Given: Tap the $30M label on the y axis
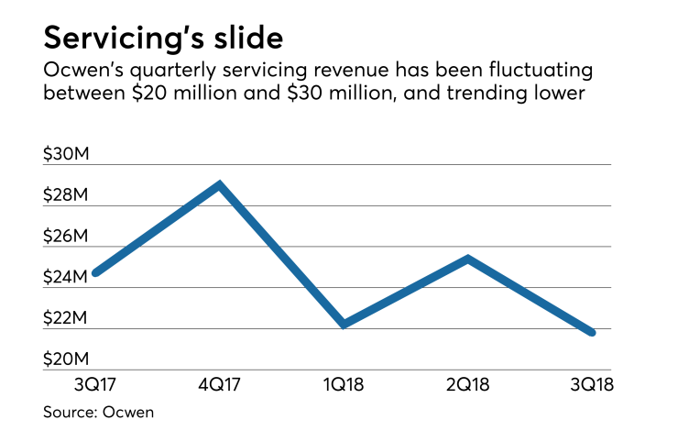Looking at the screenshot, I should (x=66, y=154).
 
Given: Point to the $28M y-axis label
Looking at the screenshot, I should (x=66, y=195).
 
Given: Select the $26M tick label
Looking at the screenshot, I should (x=66, y=237).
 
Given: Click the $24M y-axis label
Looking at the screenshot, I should (x=66, y=277).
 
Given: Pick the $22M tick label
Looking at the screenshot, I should (x=66, y=318).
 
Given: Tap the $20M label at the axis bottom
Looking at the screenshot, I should (x=66, y=359).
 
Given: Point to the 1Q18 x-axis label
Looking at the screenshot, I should (x=343, y=384).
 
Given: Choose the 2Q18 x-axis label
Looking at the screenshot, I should (x=466, y=384).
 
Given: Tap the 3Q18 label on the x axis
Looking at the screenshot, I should (x=591, y=384).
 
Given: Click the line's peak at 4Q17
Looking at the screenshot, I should (x=218, y=184).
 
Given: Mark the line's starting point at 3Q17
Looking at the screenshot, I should (x=95, y=272).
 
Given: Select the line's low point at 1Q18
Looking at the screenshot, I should (x=343, y=325).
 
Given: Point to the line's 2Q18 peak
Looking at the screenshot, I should (x=467, y=259).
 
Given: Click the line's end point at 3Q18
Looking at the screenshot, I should (x=592, y=332).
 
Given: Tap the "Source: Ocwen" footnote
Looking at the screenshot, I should (x=99, y=412).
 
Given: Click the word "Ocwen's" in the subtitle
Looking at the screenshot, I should (x=82, y=71).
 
